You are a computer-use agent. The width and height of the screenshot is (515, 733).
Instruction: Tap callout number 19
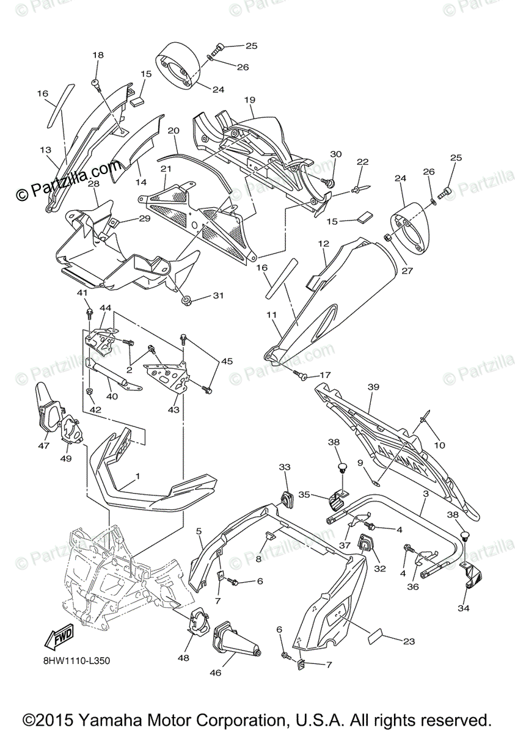pos(249,100)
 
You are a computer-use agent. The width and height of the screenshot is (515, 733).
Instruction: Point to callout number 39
pos(373,387)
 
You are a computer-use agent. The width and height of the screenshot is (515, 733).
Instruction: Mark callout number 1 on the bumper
pos(137,475)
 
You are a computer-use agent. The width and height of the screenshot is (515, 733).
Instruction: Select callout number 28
pos(93,184)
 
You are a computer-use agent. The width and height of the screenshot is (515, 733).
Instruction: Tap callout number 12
pos(324,243)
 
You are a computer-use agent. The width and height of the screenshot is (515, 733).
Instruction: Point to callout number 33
pos(285,467)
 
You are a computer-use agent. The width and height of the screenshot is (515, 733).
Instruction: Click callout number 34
pos(464,608)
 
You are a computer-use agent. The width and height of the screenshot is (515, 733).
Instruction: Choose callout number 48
pos(183,657)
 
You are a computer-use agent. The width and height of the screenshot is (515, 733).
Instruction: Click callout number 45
pos(227,362)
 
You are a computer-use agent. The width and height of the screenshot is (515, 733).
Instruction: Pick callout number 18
pos(98,56)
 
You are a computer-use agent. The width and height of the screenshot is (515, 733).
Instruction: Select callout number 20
pos(173,131)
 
